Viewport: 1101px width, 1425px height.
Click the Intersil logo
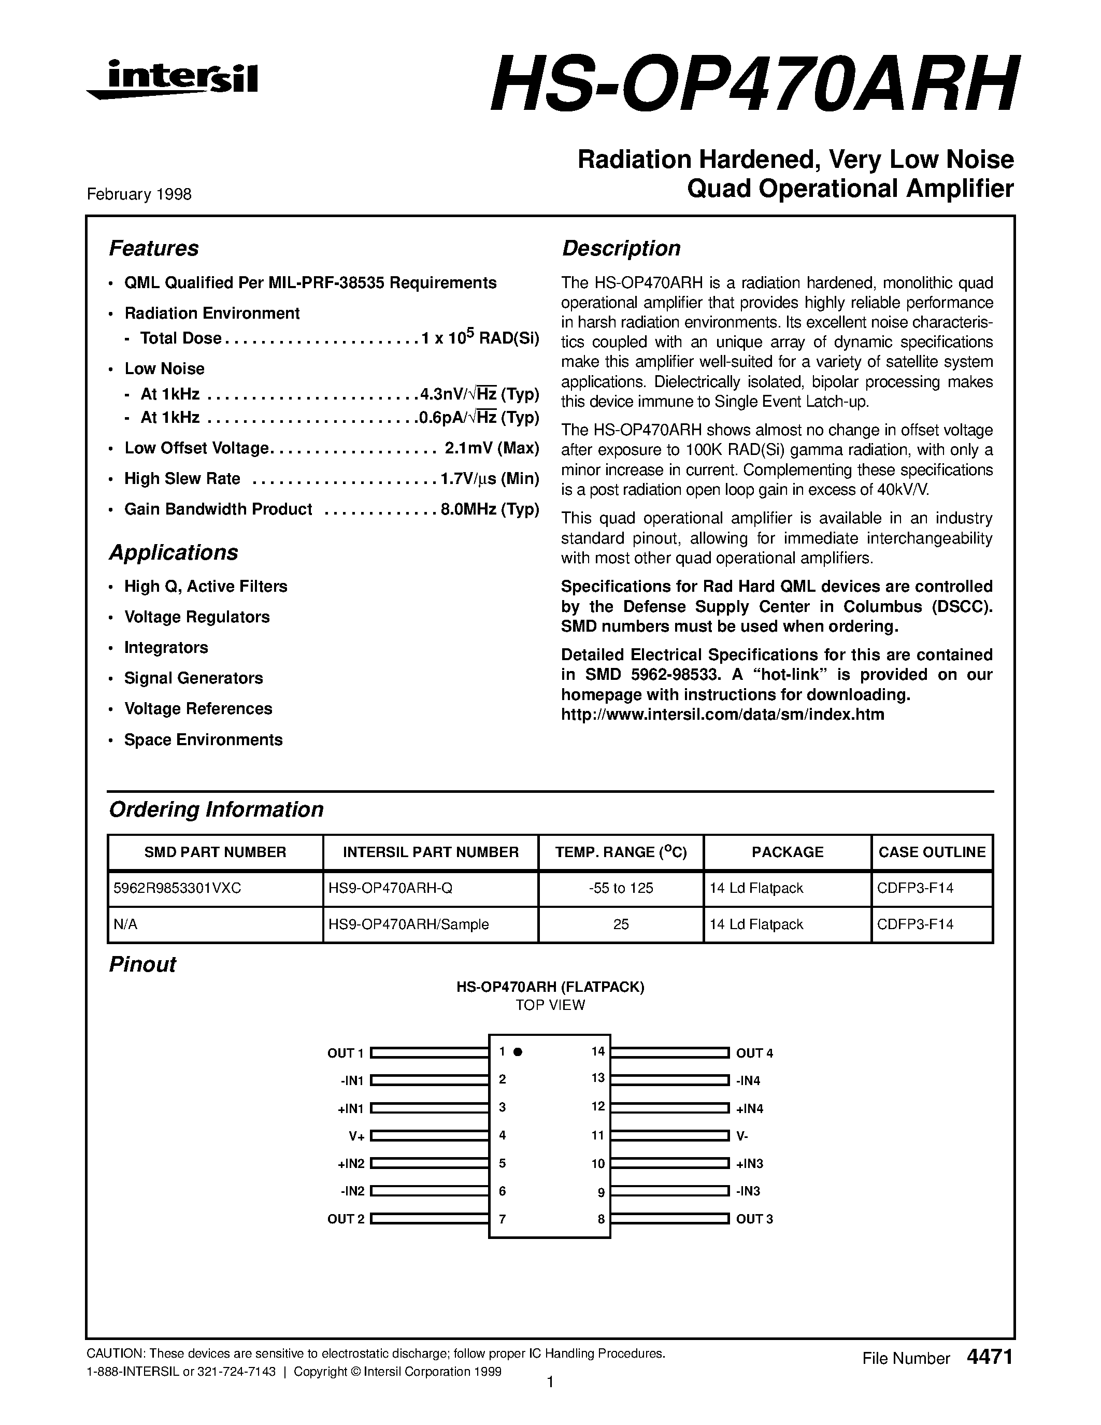(173, 80)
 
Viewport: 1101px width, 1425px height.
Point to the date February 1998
(139, 194)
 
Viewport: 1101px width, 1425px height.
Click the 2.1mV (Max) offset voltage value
(492, 448)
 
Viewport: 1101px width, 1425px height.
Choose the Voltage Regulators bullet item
(196, 617)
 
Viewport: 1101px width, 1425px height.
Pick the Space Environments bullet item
(203, 739)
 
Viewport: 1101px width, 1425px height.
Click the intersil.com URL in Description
(722, 715)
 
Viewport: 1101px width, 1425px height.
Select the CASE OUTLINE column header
(932, 852)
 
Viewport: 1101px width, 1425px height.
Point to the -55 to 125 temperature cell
(620, 888)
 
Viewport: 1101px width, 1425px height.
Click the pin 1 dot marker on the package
(518, 1052)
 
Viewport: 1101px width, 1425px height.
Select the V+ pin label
(356, 1136)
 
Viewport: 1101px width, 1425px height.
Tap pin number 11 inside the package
(597, 1135)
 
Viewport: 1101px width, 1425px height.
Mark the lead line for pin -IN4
(669, 1080)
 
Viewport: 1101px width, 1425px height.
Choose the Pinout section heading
(142, 964)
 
